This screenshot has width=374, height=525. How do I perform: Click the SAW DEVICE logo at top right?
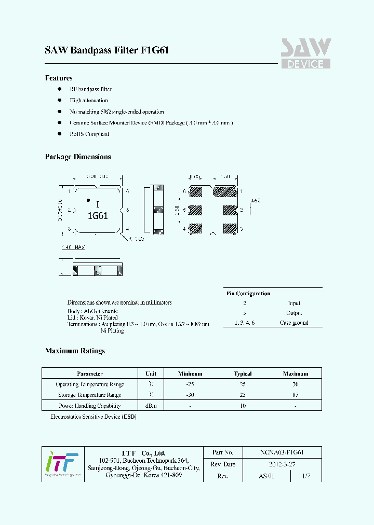pos(306,53)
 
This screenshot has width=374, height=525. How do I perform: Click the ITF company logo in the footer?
pos(62,463)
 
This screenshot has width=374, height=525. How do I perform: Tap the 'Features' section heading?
pos(59,78)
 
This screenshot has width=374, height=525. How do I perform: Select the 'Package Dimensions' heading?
pos(78,157)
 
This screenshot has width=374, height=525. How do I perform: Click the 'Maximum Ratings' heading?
pos(75,351)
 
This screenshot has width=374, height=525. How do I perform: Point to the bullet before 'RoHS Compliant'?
pos(60,134)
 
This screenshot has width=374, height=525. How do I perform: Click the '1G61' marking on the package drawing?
pos(97,216)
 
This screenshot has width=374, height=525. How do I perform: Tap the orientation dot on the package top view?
pos(88,200)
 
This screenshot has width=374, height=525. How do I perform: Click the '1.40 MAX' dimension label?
pos(73,248)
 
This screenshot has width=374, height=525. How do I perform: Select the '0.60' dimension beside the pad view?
pos(255,200)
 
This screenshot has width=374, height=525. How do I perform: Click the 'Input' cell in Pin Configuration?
pos(294,303)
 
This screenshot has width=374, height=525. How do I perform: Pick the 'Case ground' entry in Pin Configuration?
pos(294,323)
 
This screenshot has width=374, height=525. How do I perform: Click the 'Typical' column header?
pos(243,374)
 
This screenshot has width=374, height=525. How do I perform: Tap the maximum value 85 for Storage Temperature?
pos(296,395)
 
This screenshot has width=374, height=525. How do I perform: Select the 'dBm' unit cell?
pos(151,406)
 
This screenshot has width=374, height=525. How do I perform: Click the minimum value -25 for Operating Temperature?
pos(190,384)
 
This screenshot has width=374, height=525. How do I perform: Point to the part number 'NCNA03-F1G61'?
pos(282,452)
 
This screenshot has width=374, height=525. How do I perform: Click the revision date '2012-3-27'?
pos(282,464)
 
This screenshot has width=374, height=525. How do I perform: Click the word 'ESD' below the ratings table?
pos(129,417)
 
